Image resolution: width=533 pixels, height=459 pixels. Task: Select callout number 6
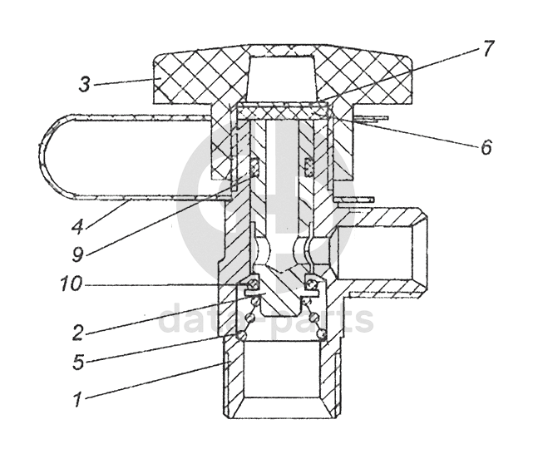coord(486,148)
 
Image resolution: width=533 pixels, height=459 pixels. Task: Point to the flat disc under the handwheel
coord(282,107)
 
